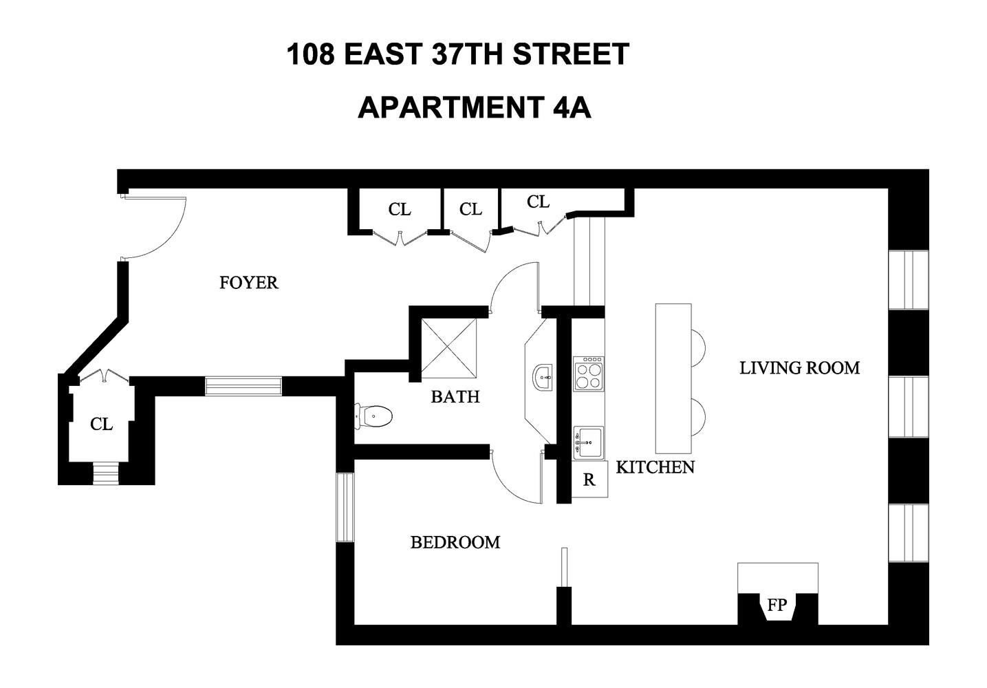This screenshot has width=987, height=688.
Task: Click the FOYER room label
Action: (248, 282)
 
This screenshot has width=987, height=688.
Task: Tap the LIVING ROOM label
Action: (799, 368)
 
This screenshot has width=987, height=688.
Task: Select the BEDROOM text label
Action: (455, 542)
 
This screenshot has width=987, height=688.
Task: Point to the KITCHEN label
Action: (655, 467)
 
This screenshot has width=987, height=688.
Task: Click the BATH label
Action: (455, 396)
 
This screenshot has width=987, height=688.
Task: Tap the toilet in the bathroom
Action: (373, 415)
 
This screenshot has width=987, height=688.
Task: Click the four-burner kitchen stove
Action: (589, 374)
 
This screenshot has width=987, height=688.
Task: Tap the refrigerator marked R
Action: (589, 480)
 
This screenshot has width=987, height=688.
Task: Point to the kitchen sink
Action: (589, 442)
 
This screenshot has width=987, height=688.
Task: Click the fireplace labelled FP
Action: (777, 605)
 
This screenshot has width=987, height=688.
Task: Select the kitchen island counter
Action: (673, 378)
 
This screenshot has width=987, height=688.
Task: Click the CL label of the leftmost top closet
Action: (399, 209)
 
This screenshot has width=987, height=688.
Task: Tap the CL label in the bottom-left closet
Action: (101, 424)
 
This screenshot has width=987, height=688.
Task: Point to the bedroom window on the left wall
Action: (345, 507)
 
